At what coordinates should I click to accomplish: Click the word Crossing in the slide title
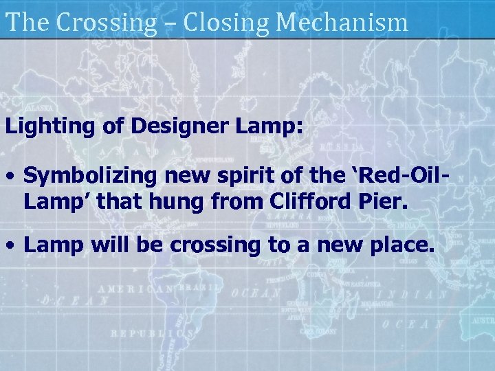tap(107, 22)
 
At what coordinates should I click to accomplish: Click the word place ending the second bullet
tap(404, 246)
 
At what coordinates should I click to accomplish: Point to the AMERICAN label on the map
tap(135, 289)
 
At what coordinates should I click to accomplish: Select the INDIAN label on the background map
tap(419, 294)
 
